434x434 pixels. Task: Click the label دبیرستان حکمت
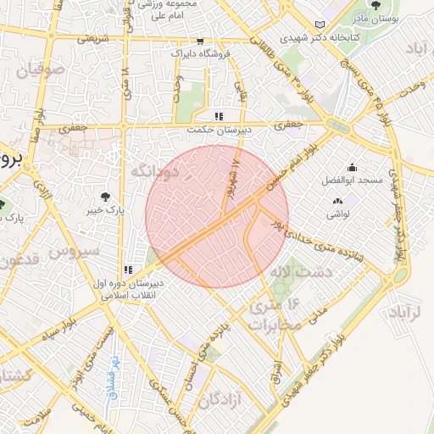point(219,131)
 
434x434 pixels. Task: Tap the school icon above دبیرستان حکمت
point(219,116)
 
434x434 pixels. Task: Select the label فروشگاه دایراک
point(199,53)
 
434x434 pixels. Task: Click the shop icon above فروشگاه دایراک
point(199,40)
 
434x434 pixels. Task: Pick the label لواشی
point(338,215)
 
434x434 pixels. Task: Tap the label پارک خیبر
point(105,207)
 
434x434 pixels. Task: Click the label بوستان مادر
point(377,18)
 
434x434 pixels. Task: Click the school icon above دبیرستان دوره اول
point(128,270)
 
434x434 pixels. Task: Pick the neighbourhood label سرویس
point(74,251)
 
